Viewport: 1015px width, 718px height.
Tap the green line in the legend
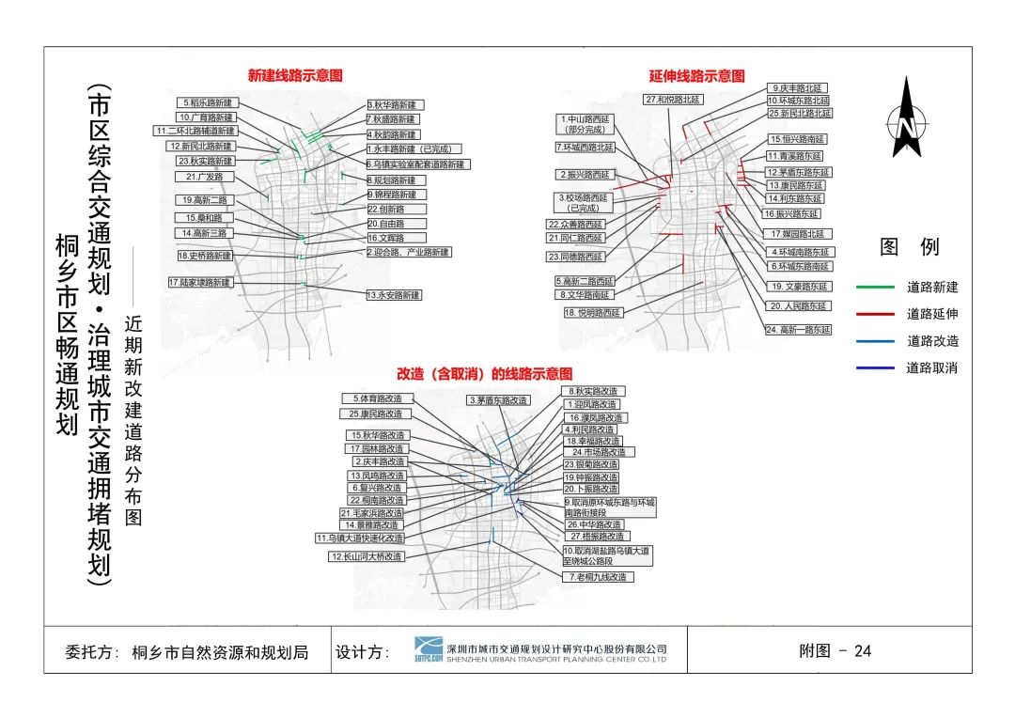(x=875, y=288)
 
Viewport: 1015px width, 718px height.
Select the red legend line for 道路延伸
(x=875, y=314)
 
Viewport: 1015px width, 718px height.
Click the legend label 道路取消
(x=931, y=368)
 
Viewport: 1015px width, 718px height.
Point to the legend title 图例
(x=909, y=247)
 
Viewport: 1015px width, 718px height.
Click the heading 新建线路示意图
(x=295, y=75)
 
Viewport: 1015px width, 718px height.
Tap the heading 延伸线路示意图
(x=696, y=76)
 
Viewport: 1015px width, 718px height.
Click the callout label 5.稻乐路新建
(x=208, y=102)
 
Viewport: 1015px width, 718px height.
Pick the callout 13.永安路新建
(x=394, y=295)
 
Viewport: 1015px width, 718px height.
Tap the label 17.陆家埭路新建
(x=199, y=282)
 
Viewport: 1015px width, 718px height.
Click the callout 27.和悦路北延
(x=674, y=99)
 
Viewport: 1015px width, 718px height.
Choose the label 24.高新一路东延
(x=798, y=330)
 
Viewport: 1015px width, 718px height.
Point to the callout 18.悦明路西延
(x=594, y=313)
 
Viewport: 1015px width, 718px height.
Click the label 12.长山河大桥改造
(x=367, y=556)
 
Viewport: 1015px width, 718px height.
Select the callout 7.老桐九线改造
(x=595, y=576)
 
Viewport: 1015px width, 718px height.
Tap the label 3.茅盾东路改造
(x=498, y=400)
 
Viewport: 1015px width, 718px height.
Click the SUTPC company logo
(x=429, y=649)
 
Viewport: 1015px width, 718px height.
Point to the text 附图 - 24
(x=835, y=650)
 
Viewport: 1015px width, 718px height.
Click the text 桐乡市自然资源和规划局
(x=220, y=651)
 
